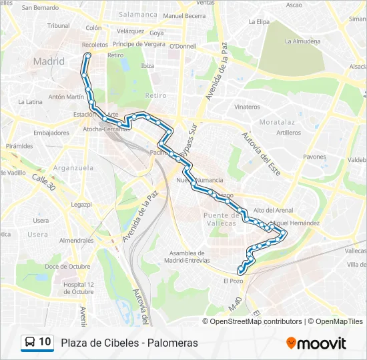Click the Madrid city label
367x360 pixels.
(x=49, y=61)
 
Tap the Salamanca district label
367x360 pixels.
(x=138, y=14)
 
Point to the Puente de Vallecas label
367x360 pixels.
(x=220, y=219)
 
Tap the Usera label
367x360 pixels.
(x=37, y=235)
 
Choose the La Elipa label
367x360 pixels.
(x=258, y=21)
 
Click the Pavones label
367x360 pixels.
(x=314, y=157)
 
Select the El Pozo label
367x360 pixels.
(x=234, y=281)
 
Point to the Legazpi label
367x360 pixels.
(x=81, y=204)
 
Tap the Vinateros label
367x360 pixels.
(x=247, y=107)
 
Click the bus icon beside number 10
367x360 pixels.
(x=30, y=343)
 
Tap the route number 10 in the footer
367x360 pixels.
(x=45, y=343)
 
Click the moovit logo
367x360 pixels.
(x=316, y=343)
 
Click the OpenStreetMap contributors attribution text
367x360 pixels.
(x=256, y=321)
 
